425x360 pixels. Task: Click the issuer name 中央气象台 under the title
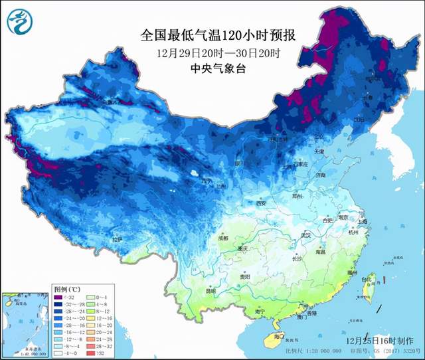tap(209, 68)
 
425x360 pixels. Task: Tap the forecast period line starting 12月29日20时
tap(209, 52)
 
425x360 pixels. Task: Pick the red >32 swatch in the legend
tap(98, 353)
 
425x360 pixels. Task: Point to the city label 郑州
tap(297, 196)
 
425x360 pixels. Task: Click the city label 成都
tap(221, 237)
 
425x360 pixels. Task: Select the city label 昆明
tap(211, 290)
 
